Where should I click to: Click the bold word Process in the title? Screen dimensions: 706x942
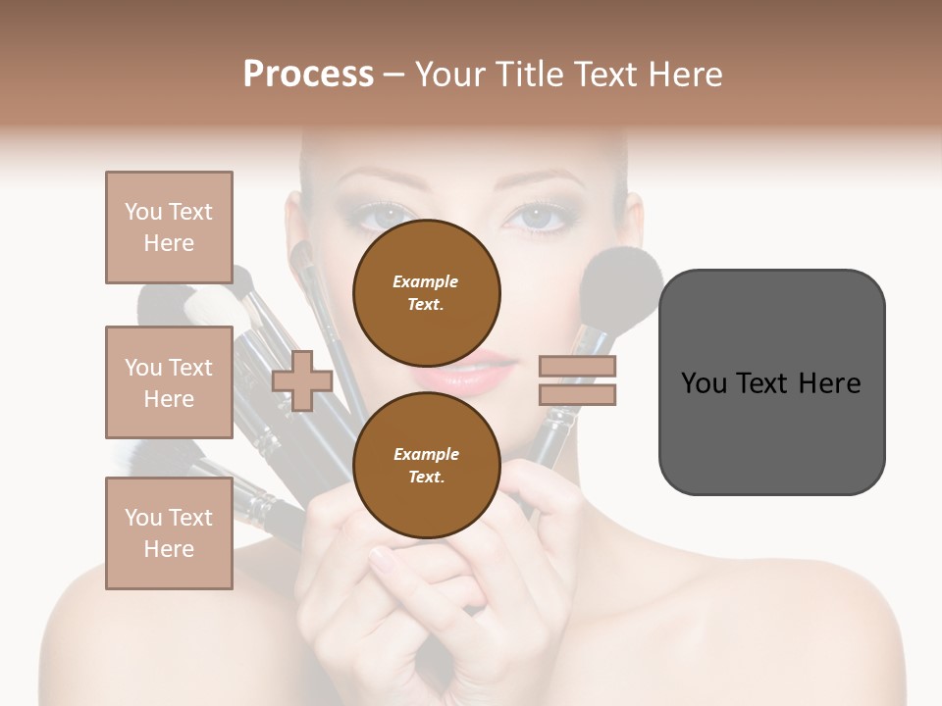(x=308, y=74)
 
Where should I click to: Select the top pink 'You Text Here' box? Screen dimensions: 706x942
(x=169, y=227)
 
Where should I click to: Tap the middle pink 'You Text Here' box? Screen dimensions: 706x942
(x=169, y=382)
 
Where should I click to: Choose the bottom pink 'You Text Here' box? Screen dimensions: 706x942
(x=169, y=533)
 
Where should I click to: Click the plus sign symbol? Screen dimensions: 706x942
(x=302, y=381)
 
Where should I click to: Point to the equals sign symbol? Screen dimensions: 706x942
(x=577, y=381)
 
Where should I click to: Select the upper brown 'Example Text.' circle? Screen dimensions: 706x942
(x=426, y=293)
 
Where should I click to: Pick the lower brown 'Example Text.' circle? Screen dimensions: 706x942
(x=426, y=466)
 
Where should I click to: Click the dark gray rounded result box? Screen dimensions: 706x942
(x=771, y=381)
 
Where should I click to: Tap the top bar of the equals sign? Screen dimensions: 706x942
(x=577, y=368)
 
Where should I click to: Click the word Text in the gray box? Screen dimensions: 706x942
(x=770, y=382)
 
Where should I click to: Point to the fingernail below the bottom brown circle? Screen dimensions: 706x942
(x=382, y=555)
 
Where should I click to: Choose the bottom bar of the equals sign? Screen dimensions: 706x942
(x=577, y=395)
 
